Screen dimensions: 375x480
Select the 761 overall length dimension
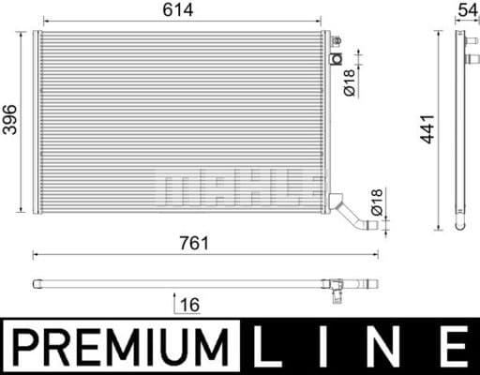[194, 242]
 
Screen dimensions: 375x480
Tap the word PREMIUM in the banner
[120, 348]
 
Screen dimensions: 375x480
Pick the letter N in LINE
[388, 348]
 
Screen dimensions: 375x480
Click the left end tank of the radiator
[37, 122]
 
